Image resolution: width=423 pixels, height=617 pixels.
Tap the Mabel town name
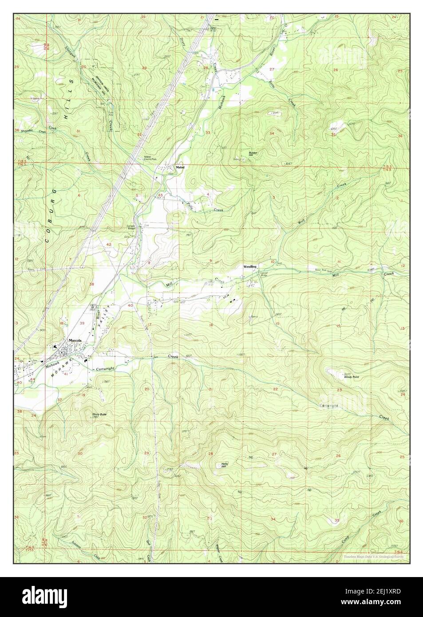click(180, 167)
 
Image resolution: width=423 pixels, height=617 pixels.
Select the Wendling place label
click(249, 266)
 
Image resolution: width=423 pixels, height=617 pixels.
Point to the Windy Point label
click(351, 377)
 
